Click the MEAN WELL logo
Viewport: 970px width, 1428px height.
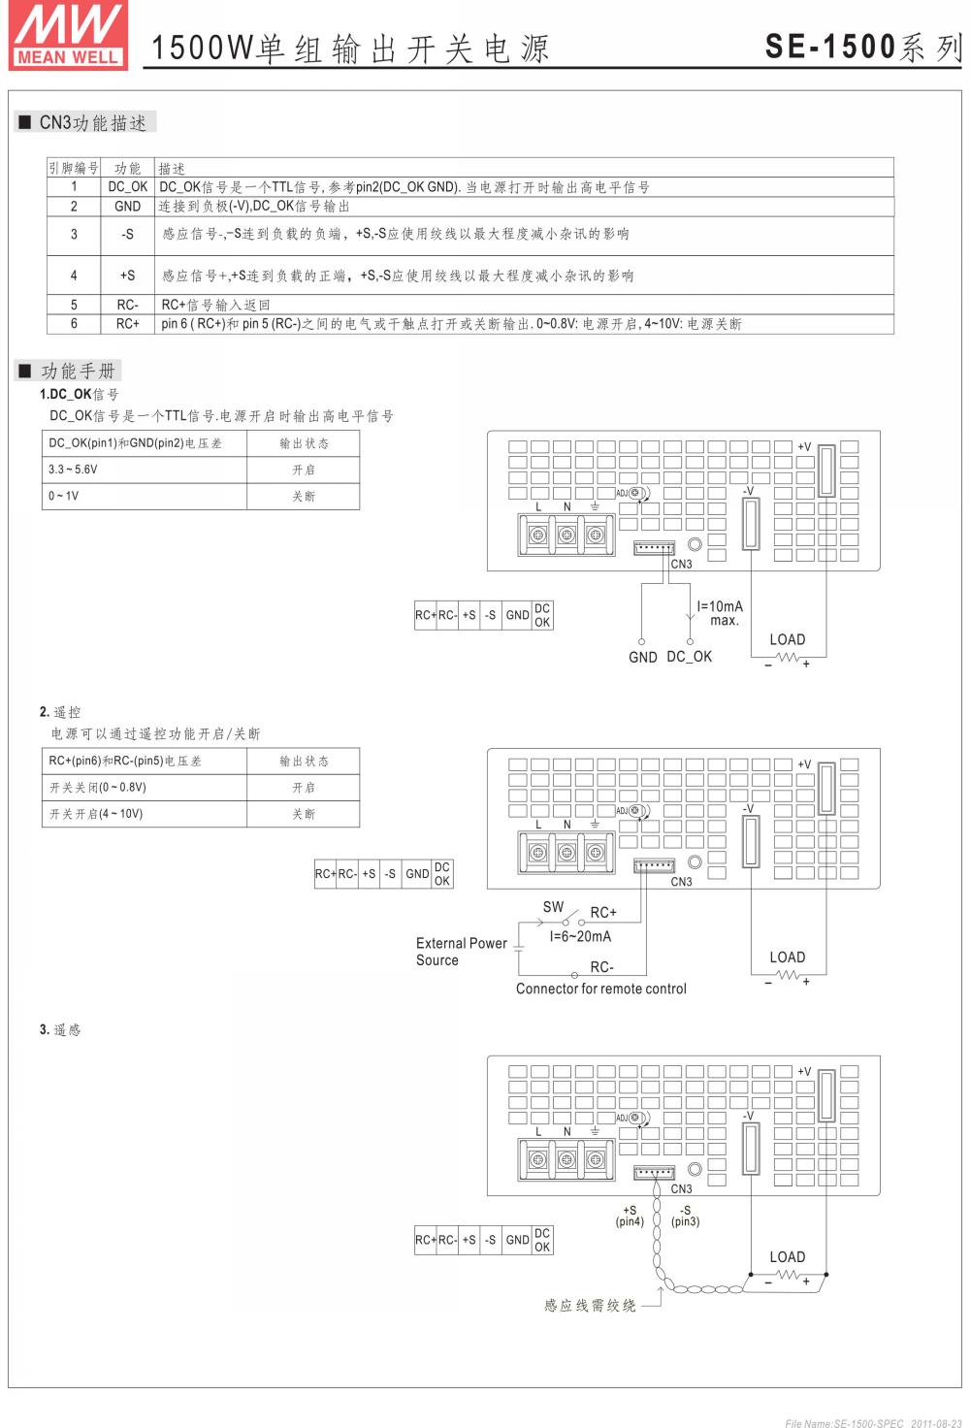68,35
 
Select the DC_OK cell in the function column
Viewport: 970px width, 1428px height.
127,187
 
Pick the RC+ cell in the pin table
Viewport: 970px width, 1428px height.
127,324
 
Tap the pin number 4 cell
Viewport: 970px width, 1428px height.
74,276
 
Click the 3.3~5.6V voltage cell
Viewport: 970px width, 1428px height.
74,470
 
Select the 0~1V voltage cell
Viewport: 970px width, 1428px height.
64,496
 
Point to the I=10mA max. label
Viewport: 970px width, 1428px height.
720,613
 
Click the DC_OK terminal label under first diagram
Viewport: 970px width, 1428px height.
690,657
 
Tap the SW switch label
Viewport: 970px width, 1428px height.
553,907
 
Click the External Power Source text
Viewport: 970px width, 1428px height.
461,952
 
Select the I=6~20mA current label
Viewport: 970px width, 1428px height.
580,936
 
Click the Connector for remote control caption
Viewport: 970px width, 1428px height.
600,989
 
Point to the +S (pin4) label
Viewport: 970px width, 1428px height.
630,1216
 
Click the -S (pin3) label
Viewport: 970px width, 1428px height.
685,1216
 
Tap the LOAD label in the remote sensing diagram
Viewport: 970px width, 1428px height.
787,1256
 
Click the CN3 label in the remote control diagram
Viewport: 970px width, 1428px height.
682,882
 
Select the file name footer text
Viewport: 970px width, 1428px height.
873,1423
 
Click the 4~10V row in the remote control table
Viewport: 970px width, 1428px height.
97,814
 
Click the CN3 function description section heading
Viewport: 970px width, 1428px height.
92,123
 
